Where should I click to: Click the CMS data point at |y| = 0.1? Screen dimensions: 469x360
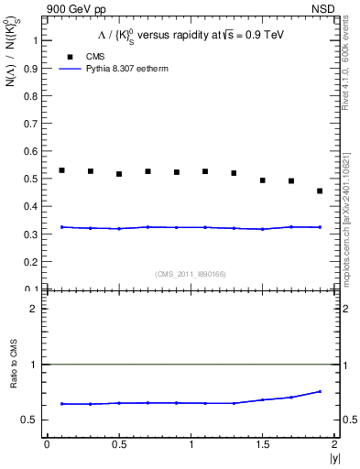click(x=61, y=170)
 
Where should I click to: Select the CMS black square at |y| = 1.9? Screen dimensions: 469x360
click(x=320, y=191)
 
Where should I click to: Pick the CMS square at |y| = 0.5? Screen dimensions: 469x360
click(x=119, y=174)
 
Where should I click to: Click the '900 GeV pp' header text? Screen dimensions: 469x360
click(x=80, y=8)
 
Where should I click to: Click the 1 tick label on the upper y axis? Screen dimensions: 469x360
click(x=36, y=40)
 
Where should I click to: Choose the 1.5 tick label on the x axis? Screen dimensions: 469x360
click(x=262, y=444)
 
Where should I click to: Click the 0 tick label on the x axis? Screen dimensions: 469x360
click(x=47, y=444)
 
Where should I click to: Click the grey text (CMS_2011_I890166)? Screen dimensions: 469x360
click(x=191, y=273)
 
